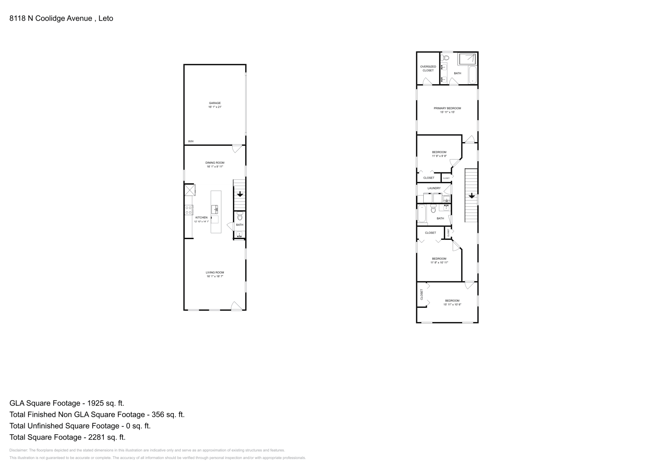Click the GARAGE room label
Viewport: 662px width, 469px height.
(x=215, y=103)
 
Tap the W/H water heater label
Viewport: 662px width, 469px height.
(x=191, y=142)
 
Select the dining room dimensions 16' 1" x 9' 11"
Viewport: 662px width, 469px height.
(x=215, y=167)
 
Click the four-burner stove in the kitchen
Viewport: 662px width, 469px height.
(x=189, y=210)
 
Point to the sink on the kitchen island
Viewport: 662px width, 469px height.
(x=215, y=209)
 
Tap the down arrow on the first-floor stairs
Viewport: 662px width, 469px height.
(x=240, y=194)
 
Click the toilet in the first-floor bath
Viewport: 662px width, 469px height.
(x=240, y=216)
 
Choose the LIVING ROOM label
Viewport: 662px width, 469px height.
(x=215, y=272)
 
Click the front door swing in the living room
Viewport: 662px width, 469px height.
(x=236, y=306)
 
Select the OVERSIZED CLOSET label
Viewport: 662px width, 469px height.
(x=428, y=68)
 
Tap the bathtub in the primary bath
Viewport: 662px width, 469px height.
(x=473, y=75)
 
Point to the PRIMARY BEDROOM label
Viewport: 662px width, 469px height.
(x=447, y=108)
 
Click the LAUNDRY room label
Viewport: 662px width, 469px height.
(x=434, y=188)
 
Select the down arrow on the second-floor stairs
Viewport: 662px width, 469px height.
(x=471, y=196)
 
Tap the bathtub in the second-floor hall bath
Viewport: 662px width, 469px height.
(x=422, y=214)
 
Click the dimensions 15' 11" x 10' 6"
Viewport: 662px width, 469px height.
(x=452, y=305)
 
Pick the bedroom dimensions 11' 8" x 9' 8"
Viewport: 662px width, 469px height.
(x=439, y=156)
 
